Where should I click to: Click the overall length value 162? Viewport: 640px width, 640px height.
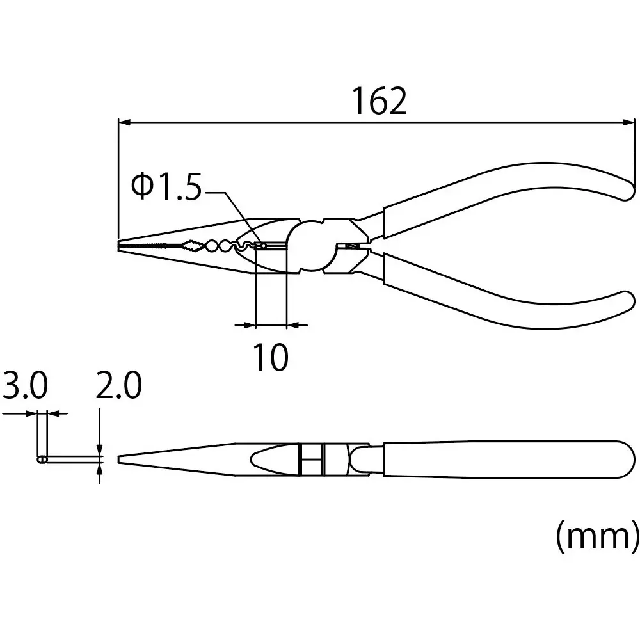[x=380, y=101]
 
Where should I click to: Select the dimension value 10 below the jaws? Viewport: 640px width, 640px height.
[x=271, y=357]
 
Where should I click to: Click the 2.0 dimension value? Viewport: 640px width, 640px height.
[x=118, y=387]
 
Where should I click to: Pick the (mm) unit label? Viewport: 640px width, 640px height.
[x=596, y=536]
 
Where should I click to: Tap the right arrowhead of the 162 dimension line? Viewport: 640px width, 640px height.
[x=628, y=121]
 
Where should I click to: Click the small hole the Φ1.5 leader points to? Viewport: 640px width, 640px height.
[x=262, y=244]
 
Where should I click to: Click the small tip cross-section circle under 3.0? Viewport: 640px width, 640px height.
[x=42, y=460]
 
